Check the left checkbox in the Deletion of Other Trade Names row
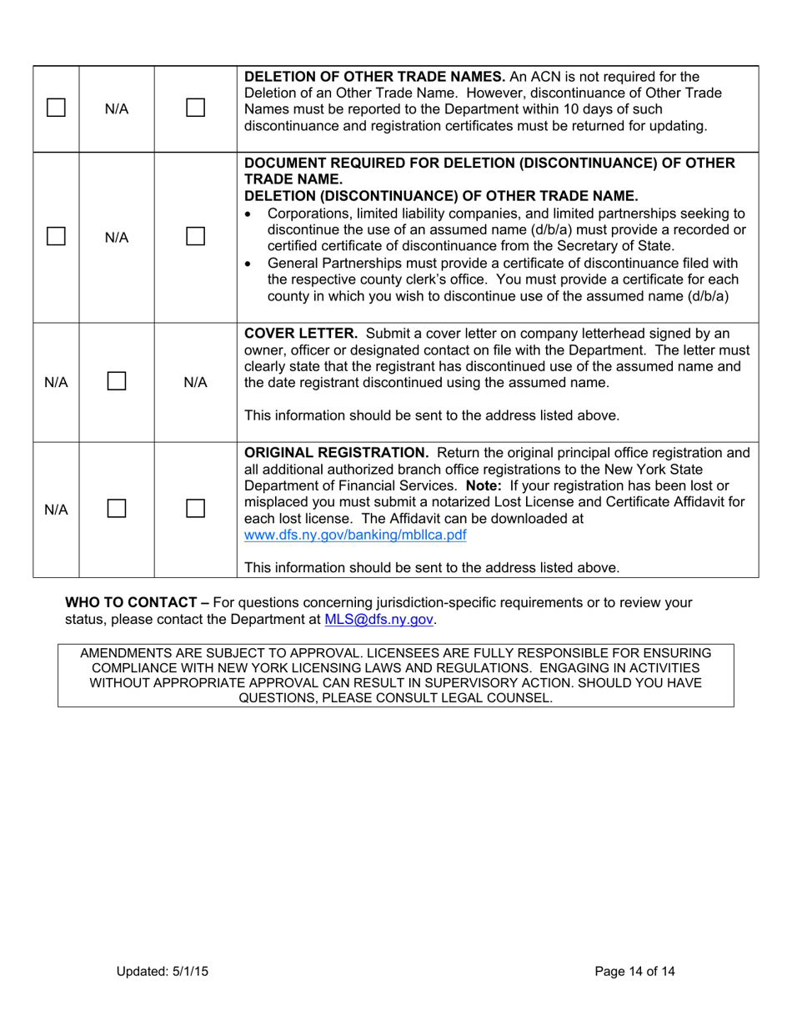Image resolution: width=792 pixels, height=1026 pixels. (56, 108)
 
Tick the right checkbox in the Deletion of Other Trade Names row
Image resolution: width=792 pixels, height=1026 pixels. (195, 108)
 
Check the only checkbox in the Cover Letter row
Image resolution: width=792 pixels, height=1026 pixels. (117, 382)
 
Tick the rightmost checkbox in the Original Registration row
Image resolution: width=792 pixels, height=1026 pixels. (195, 509)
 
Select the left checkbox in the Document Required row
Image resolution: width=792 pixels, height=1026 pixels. (56, 237)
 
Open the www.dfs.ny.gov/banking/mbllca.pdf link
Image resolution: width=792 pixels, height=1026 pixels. (354, 535)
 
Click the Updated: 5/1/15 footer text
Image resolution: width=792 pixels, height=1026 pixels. (162, 970)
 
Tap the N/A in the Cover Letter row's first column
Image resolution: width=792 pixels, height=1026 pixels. (56, 382)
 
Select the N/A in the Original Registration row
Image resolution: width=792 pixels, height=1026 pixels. (56, 509)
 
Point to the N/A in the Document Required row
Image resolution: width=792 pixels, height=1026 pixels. (117, 237)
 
